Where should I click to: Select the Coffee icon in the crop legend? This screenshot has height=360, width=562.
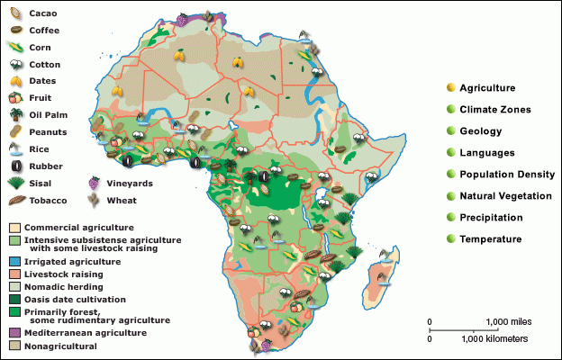point(15,30)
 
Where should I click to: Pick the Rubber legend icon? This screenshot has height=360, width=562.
point(15,165)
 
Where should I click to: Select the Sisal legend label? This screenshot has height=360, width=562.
point(41,182)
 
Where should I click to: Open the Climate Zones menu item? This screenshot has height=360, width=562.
point(494,109)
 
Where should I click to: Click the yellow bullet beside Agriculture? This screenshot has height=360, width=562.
point(449,87)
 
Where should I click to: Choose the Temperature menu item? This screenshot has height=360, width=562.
point(491,238)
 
